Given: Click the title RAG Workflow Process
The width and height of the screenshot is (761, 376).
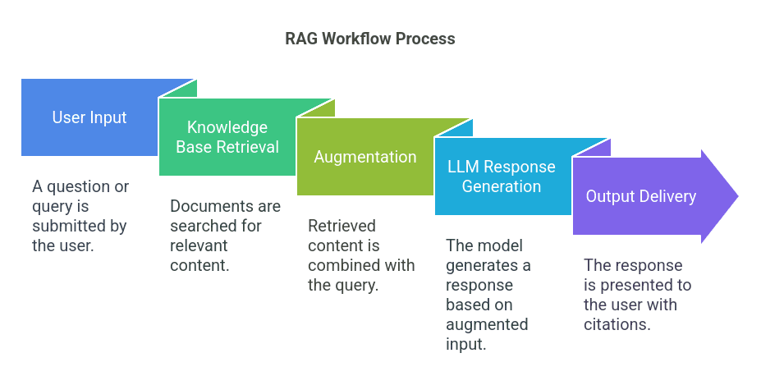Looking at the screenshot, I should click(x=369, y=39).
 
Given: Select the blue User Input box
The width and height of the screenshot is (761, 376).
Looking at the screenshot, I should click(x=89, y=117).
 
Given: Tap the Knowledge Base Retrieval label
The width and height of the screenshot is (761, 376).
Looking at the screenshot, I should click(x=227, y=137).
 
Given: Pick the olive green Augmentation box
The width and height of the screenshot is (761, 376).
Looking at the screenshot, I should click(x=365, y=157).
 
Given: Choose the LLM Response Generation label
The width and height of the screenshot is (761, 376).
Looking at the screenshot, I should click(x=501, y=177).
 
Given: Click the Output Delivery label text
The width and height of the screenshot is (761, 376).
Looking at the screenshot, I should click(x=640, y=196).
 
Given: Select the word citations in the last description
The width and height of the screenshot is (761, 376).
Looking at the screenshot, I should click(x=617, y=324).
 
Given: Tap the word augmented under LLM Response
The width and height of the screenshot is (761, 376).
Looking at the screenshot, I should click(x=487, y=324).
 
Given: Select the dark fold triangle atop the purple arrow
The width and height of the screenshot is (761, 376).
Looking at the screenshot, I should click(x=603, y=147).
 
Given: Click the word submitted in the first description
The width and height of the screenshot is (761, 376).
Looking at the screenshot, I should click(x=65, y=226).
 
